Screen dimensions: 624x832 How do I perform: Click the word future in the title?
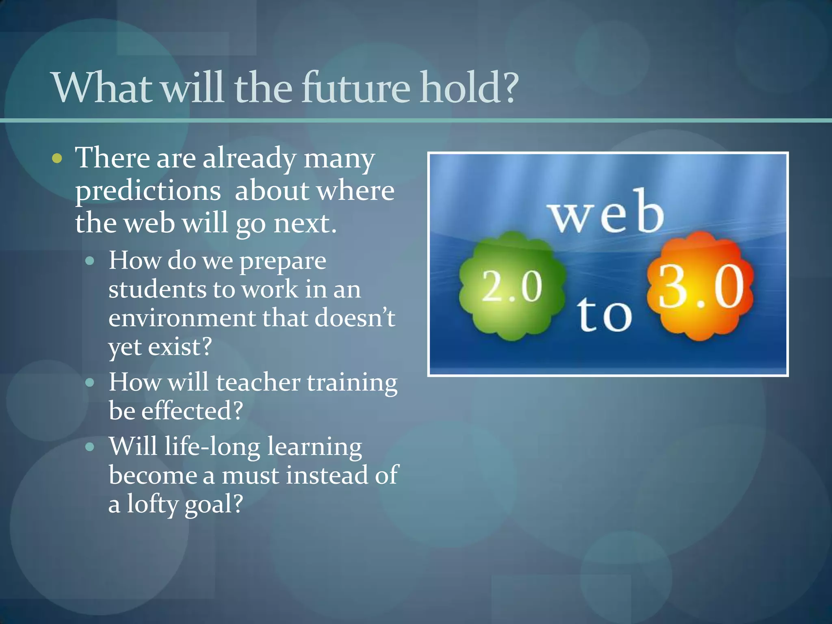[355, 87]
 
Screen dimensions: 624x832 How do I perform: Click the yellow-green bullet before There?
[57, 159]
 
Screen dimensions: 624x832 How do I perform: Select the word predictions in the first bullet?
[148, 191]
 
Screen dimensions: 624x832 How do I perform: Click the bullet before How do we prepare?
[90, 260]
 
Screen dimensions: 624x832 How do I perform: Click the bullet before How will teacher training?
[90, 382]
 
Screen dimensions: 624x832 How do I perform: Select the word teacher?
[258, 382]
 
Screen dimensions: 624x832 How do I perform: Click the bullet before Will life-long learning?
[90, 447]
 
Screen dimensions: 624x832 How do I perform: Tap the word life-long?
[212, 446]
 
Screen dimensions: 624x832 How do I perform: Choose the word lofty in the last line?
[152, 504]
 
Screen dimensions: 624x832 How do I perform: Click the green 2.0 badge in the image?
[512, 286]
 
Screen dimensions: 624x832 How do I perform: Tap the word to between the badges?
[604, 314]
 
